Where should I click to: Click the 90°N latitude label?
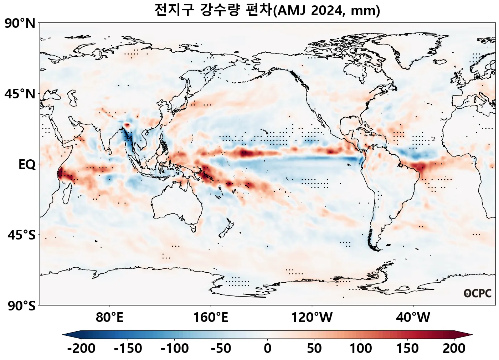pos(20,24)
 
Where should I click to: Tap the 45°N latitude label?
pos(20,94)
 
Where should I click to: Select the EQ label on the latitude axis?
pos(27,165)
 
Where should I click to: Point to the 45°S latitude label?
pos(21,236)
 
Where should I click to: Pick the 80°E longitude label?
pos(109,317)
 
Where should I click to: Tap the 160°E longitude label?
pos(210,317)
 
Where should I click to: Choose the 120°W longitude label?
pos(312,317)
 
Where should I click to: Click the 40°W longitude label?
pos(413,317)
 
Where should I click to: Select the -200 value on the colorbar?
pos(81,348)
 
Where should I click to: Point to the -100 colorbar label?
pos(174,348)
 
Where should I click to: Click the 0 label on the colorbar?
pos(267,348)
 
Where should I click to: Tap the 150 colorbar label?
pos(407,348)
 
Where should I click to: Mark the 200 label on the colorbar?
pos(454,348)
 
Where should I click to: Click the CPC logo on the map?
pos(477,293)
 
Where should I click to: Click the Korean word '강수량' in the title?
pos(221,10)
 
